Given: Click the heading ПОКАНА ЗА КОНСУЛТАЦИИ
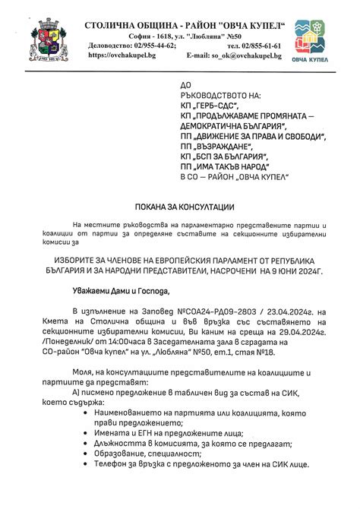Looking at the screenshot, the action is point(180,207).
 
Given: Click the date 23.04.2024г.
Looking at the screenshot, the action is point(282,311).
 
